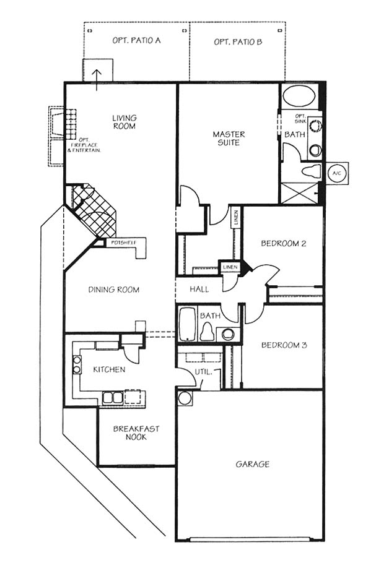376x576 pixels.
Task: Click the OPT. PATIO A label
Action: tap(136, 40)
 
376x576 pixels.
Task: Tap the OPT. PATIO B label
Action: tap(238, 42)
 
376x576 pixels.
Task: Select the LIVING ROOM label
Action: tap(125, 122)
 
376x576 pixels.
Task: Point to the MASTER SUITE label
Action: tap(229, 138)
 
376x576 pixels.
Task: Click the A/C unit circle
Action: tap(336, 173)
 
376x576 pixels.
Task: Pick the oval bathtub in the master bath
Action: tap(299, 95)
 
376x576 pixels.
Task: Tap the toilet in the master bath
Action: tap(311, 171)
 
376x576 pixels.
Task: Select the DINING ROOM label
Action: tap(114, 290)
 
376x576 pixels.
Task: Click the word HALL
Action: tap(199, 289)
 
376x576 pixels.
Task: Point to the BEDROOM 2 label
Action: tap(284, 243)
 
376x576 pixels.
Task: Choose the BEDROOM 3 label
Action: tap(284, 345)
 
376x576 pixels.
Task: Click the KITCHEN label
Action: tap(109, 369)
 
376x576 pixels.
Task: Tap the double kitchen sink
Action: tap(113, 397)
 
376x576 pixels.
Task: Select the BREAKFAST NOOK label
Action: tap(136, 432)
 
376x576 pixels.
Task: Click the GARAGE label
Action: tap(252, 464)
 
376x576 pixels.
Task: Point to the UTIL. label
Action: tap(203, 372)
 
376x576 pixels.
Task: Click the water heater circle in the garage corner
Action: tap(185, 398)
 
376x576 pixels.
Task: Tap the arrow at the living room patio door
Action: tap(97, 80)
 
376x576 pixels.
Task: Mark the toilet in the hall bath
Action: tap(207, 332)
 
